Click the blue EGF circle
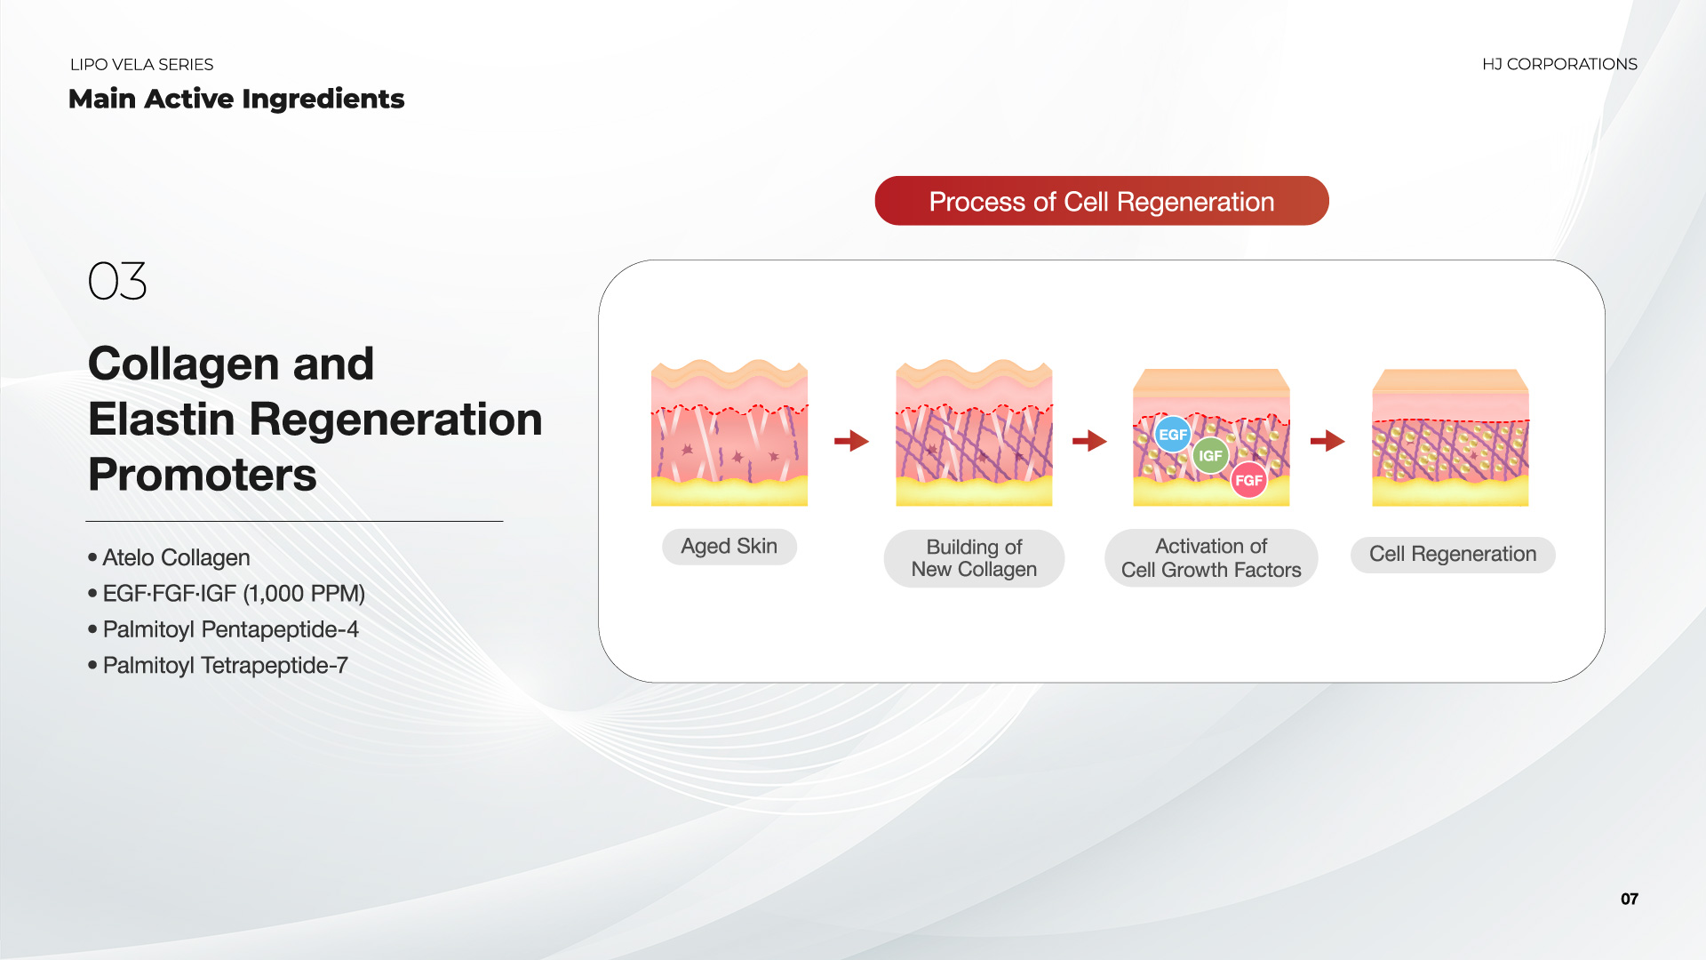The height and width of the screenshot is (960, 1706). [x=1173, y=435]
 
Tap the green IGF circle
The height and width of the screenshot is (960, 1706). [x=1210, y=456]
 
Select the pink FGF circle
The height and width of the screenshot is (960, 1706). [x=1248, y=480]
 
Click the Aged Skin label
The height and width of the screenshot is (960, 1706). [x=729, y=547]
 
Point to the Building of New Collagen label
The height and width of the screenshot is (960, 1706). [x=974, y=558]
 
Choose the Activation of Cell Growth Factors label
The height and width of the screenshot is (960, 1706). [x=1211, y=558]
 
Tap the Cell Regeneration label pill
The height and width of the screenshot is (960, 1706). [x=1453, y=555]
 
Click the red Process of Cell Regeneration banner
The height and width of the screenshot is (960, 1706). [x=1102, y=201]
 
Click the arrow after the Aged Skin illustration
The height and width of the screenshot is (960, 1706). [x=851, y=440]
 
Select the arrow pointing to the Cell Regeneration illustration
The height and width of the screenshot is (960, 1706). [x=1327, y=440]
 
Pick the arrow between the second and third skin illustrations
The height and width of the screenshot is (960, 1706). [x=1089, y=440]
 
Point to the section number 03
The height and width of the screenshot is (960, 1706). [x=117, y=281]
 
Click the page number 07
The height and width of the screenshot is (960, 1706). [x=1630, y=899]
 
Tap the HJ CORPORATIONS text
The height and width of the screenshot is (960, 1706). [x=1559, y=64]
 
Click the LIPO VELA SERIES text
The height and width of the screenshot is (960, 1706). [x=141, y=65]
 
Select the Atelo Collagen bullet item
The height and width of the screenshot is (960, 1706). [x=169, y=557]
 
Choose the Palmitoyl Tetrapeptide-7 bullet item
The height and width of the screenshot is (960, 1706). [x=218, y=665]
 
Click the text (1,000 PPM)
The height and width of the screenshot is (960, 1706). [x=304, y=593]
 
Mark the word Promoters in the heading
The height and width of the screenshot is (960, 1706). [x=203, y=475]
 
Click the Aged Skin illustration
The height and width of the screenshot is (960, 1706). [x=729, y=433]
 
